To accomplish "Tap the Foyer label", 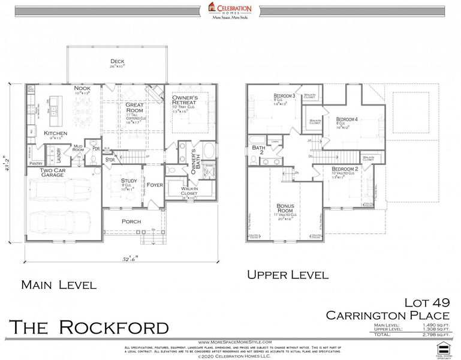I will pos(155,185).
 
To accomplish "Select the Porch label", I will pos(131,221).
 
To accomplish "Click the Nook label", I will pos(82,88).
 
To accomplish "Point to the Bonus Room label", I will pos(285,208).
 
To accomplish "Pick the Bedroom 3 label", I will pos(285,96).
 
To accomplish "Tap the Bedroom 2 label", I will pos(345,169).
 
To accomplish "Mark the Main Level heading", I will pos(58,284).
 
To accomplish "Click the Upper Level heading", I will pos(288,275).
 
